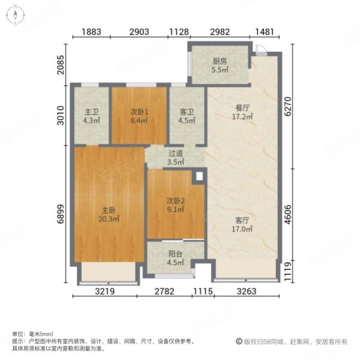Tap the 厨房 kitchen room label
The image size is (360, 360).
click(x=220, y=65)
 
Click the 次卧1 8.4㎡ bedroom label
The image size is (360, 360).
click(x=139, y=115)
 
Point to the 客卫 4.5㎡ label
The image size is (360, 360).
click(x=186, y=115)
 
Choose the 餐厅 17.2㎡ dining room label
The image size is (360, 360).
click(x=242, y=112)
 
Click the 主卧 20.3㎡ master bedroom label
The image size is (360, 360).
click(x=109, y=214)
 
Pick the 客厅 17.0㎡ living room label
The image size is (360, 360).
click(x=242, y=223)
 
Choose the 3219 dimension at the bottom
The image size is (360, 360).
click(x=105, y=291)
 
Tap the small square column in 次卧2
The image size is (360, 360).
click(x=198, y=177)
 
